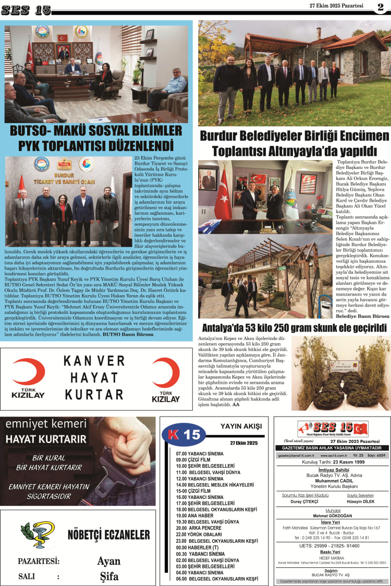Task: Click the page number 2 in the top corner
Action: (381, 6)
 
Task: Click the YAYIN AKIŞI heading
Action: (240, 425)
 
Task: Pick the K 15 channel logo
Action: (182, 434)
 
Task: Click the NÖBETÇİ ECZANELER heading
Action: (108, 535)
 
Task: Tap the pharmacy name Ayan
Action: (109, 561)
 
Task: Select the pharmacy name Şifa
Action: (109, 577)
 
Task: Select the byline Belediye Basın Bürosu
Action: (362, 316)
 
